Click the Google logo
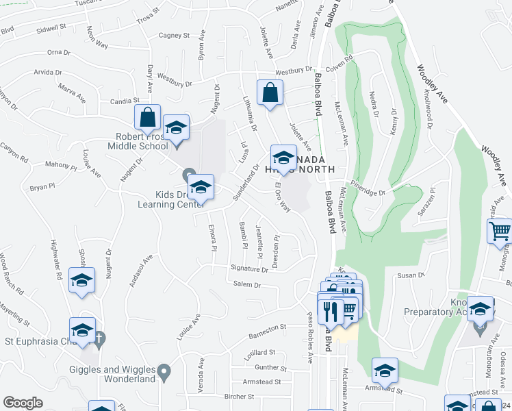point(23,403)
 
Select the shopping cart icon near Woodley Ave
point(500,232)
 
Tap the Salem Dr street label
point(247,284)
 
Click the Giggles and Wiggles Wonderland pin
point(164,373)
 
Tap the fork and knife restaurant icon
point(330,312)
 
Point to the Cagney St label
point(173,35)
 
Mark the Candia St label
point(125,101)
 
